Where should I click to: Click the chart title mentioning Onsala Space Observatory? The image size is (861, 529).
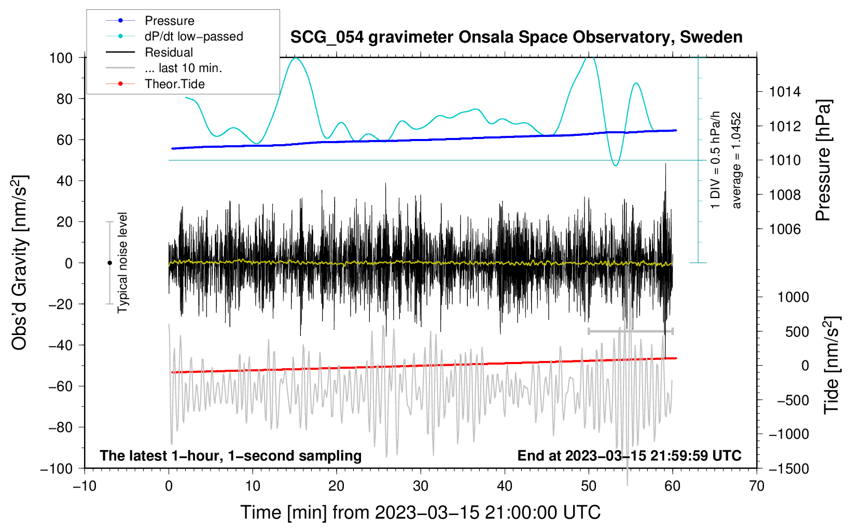pyautogui.click(x=516, y=37)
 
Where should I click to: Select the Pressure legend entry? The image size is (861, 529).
pyautogui.click(x=169, y=21)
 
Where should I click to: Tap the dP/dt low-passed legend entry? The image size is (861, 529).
pyautogui.click(x=193, y=36)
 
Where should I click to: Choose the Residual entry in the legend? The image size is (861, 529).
pyautogui.click(x=169, y=52)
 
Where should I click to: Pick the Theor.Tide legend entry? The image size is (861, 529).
pyautogui.click(x=174, y=84)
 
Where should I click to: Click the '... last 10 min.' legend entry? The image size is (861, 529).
pyautogui.click(x=183, y=68)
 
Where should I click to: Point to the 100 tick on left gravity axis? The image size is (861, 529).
pyautogui.click(x=61, y=58)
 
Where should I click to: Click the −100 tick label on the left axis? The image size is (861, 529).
pyautogui.click(x=57, y=468)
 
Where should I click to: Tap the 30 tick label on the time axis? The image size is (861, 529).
pyautogui.click(x=421, y=486)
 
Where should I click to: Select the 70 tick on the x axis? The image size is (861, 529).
pyautogui.click(x=757, y=486)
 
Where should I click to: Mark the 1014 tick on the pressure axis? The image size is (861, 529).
pyautogui.click(x=785, y=92)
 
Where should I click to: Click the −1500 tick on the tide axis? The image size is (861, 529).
pyautogui.click(x=788, y=468)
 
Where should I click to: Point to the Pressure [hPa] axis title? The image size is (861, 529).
pyautogui.click(x=823, y=161)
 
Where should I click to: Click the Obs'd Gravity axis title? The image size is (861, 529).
pyautogui.click(x=19, y=262)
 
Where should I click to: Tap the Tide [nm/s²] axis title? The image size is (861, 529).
pyautogui.click(x=831, y=366)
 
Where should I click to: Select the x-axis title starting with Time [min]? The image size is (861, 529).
pyautogui.click(x=421, y=512)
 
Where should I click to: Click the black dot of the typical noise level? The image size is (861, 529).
pyautogui.click(x=109, y=263)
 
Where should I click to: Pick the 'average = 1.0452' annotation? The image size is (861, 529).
pyautogui.click(x=737, y=161)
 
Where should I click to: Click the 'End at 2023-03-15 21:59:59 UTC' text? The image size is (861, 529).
pyautogui.click(x=629, y=455)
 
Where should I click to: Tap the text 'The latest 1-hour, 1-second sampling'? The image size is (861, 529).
pyautogui.click(x=231, y=455)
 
